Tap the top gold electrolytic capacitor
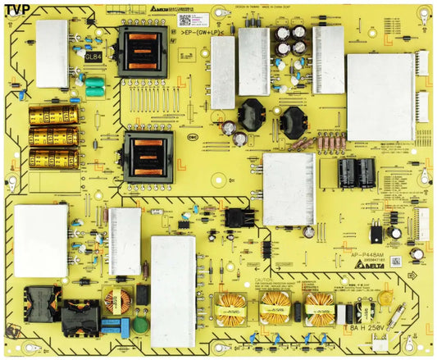coord(53,115)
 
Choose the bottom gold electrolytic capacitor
coord(53,157)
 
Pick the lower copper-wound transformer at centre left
coord(148,156)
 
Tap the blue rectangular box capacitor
coord(112,327)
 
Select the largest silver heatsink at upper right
coord(380,97)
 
